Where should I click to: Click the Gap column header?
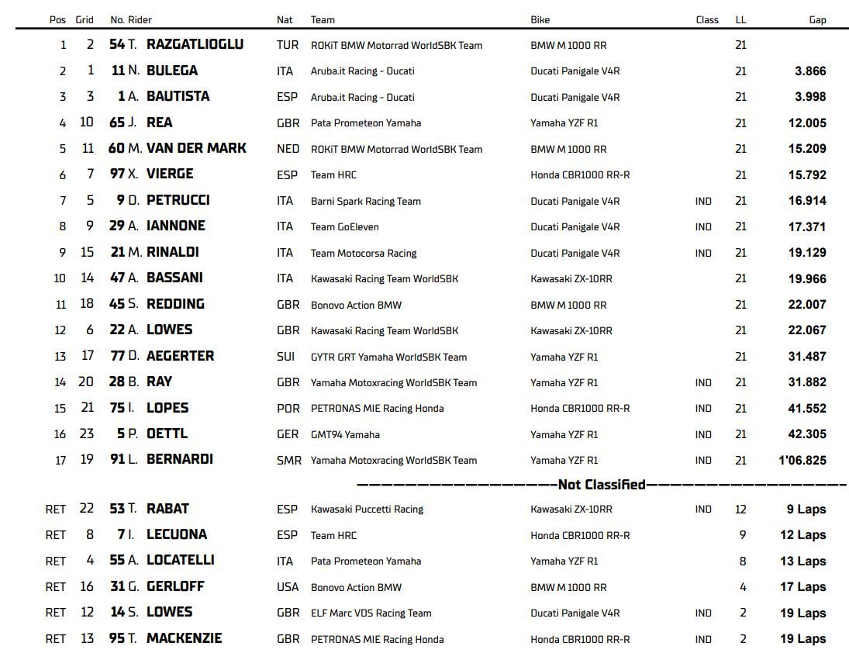817,20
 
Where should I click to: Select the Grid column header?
85,20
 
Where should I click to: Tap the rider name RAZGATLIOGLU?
195,45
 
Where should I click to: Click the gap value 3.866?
810,71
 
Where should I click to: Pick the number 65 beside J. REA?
117,123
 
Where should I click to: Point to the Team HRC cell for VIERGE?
333,175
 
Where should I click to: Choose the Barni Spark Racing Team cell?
365,201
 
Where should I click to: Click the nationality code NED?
288,149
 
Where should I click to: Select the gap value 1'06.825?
802,461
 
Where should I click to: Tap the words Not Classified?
602,485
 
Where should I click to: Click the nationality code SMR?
288,461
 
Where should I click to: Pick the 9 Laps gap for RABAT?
806,510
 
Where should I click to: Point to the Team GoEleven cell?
344,227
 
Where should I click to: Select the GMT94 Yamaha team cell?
345,434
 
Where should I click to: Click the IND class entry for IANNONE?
703,227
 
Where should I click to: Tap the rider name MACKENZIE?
184,638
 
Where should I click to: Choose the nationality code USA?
288,587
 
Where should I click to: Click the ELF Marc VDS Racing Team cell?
371,613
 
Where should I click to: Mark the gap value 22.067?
807,330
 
